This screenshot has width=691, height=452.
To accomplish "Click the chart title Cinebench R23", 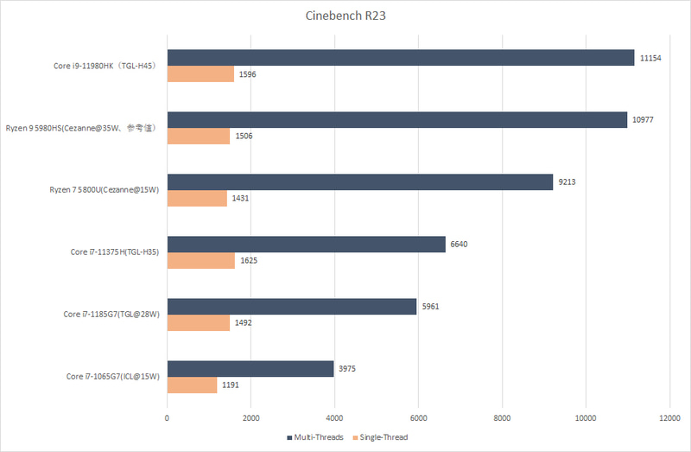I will coord(345,16).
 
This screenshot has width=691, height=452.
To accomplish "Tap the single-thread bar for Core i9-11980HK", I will coord(200,74).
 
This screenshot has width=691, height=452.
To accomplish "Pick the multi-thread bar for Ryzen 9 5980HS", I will coord(396,120).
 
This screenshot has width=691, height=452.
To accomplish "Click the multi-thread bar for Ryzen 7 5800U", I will coord(359,181).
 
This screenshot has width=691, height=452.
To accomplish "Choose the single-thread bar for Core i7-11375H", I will coord(200,260).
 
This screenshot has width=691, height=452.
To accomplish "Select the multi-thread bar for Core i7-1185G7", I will coord(291,306).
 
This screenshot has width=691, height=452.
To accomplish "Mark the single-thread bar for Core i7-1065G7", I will coord(192,385).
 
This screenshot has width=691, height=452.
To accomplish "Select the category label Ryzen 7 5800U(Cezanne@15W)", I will coord(105,190).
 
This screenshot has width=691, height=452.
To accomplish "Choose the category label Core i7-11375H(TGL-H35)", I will coord(116,252).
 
